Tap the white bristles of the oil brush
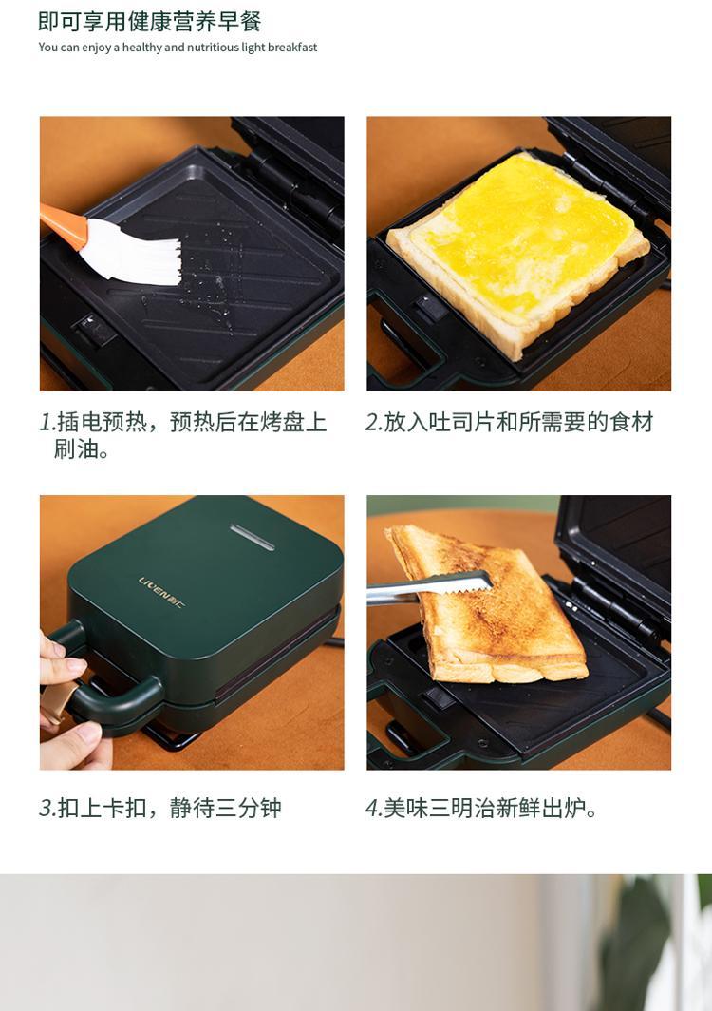(132, 254)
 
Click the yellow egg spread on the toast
(522, 237)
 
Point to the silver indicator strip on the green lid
(253, 537)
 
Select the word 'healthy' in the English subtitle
(141, 48)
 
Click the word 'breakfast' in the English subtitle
(292, 48)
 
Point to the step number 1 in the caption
(46, 422)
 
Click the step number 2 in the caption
(373, 422)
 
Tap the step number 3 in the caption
(47, 808)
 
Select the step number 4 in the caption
(373, 808)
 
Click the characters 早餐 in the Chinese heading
(239, 21)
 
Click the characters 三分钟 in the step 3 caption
(249, 808)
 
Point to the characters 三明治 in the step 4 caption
(461, 808)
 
